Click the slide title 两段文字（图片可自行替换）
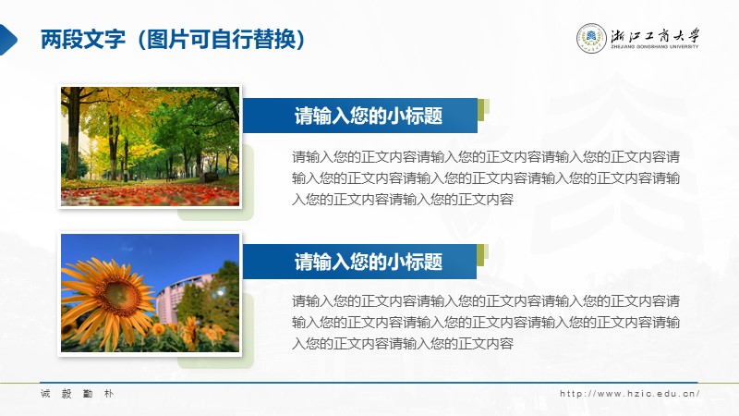[x=173, y=39]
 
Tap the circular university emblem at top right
[x=591, y=38]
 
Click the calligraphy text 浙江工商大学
[x=655, y=35]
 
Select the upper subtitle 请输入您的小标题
[x=368, y=116]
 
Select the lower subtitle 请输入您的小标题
[x=368, y=262]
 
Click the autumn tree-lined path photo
[x=150, y=146]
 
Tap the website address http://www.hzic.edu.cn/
[x=629, y=394]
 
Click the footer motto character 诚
[x=45, y=394]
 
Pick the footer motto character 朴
[x=109, y=394]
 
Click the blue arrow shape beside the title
[x=8, y=40]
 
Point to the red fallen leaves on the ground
[x=150, y=194]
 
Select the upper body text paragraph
[x=486, y=177]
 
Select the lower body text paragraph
[x=486, y=322]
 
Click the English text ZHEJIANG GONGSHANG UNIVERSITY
[x=655, y=47]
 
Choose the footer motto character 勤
[x=88, y=394]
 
